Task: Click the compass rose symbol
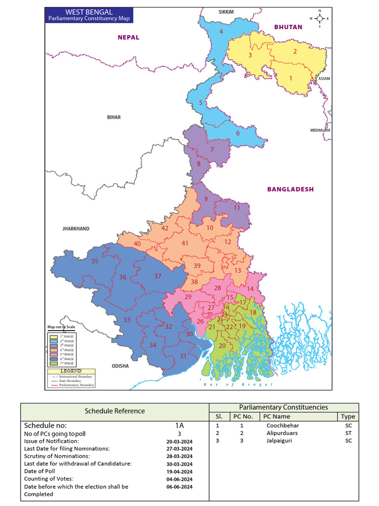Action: tap(320, 18)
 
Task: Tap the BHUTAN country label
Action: tap(288, 27)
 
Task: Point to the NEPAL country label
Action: tap(128, 37)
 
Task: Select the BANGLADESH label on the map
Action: tap(290, 189)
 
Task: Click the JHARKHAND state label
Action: tap(76, 229)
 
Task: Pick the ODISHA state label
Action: tap(120, 366)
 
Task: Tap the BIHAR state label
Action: tap(114, 117)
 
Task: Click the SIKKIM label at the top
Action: tap(226, 11)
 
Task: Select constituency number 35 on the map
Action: tap(95, 261)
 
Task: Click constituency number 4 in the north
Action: tap(222, 32)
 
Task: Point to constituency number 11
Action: tap(237, 208)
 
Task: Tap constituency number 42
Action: tap(165, 228)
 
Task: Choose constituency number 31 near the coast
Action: tap(183, 356)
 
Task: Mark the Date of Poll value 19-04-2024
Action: tap(180, 471)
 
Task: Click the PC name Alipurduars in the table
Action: tap(282, 433)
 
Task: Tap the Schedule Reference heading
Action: tap(114, 411)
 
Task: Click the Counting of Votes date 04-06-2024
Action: tap(180, 479)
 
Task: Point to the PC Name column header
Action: tap(277, 416)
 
